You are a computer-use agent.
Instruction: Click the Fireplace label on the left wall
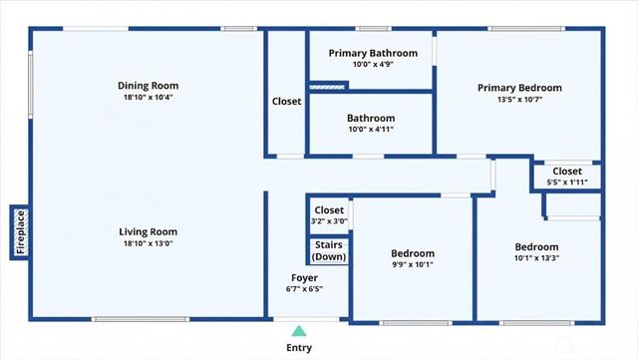click(20, 231)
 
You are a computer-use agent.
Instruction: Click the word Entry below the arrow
click(299, 348)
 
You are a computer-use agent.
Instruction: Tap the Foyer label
click(304, 277)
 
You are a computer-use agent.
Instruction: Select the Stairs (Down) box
click(329, 250)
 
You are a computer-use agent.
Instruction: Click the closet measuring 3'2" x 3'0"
click(329, 215)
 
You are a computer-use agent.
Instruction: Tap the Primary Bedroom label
click(518, 88)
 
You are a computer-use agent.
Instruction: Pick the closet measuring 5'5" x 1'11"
click(567, 176)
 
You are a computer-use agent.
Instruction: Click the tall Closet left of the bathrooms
click(286, 101)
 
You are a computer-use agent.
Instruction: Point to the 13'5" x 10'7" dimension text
click(518, 100)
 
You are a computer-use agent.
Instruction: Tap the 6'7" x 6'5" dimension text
click(304, 289)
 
